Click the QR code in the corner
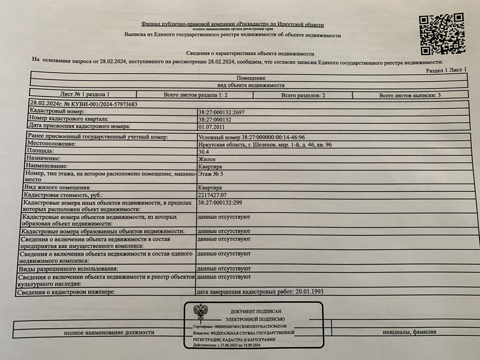(442, 34)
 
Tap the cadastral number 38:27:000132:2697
(221, 112)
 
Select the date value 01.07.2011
(211, 127)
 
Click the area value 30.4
(203, 152)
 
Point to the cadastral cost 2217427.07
(212, 195)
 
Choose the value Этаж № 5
(210, 174)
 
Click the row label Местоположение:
(52, 144)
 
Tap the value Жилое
(207, 159)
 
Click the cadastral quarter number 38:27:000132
(215, 120)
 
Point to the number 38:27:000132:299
(220, 202)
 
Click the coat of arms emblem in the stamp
(201, 311)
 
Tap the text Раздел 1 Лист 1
(446, 70)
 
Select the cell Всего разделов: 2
(303, 95)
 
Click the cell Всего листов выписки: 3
(410, 95)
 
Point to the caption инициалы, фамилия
(409, 332)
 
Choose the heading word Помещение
(251, 78)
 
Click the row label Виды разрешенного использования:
(69, 269)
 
